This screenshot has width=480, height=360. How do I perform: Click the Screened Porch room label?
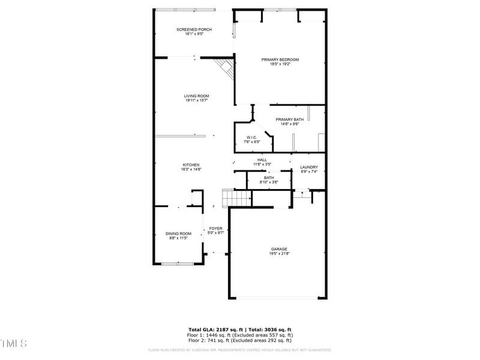[194, 29]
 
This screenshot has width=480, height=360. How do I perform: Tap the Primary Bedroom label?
[280, 59]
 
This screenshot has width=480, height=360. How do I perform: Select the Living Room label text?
[196, 96]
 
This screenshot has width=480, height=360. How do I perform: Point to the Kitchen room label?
[191, 165]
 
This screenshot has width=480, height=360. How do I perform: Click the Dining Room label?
[178, 233]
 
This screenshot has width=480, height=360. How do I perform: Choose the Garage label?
[279, 249]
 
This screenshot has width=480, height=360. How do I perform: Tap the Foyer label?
[215, 229]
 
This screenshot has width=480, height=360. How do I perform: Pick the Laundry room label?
[309, 167]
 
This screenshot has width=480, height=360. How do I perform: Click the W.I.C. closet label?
[251, 137]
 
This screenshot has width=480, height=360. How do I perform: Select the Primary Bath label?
[290, 119]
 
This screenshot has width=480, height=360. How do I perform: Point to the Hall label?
[262, 160]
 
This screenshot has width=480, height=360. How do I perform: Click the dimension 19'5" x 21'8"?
[279, 254]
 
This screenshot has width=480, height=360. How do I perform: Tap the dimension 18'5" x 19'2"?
[280, 64]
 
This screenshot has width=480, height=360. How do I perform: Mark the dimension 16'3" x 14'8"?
[191, 170]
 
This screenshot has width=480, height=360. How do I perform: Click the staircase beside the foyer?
[236, 197]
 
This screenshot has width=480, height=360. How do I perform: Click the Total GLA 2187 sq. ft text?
[217, 329]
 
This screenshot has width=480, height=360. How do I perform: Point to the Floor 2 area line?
[240, 340]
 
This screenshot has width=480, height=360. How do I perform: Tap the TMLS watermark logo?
[14, 343]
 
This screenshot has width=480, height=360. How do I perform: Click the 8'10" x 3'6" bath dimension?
[269, 182]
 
